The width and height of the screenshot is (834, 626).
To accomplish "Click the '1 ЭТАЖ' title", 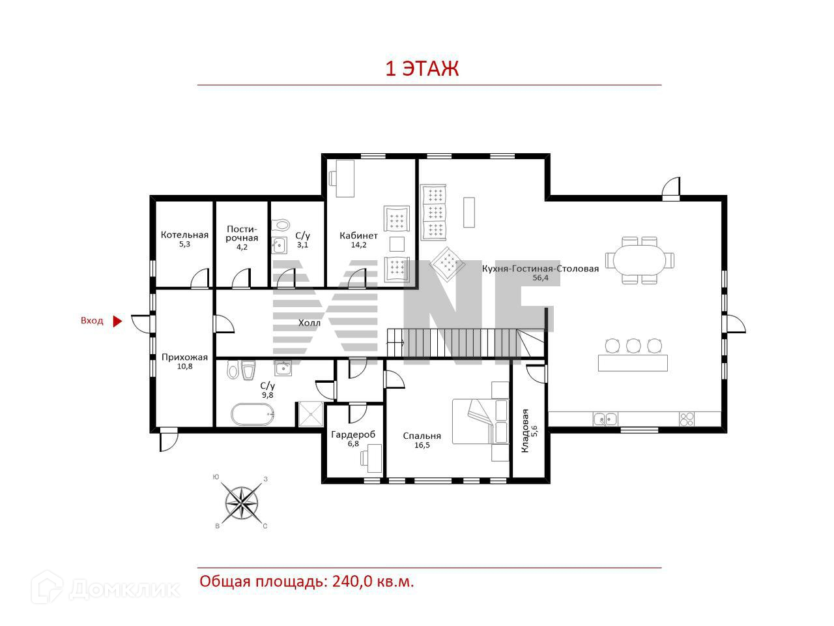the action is pos(422,69).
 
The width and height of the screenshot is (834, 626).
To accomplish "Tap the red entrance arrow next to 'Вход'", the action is pos(117,321).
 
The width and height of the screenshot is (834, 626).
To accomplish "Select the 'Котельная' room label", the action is pos(184,235).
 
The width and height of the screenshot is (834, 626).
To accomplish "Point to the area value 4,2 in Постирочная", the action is pos(242,247).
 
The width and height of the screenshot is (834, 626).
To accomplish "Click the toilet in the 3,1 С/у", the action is pos(281,225).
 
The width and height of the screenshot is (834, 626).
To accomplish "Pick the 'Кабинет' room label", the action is pos(358,235).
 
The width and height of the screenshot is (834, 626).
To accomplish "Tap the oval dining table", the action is pos(639,261).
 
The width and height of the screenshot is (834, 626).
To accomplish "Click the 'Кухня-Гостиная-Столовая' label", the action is pos(540,269).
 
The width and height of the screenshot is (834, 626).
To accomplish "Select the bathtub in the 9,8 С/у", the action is pos(253,415).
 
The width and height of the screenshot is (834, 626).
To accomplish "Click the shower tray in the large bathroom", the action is pos(311,414).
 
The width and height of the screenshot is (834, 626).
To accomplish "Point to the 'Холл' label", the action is pos(309,323).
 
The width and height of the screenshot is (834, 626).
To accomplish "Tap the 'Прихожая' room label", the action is pos(184,357).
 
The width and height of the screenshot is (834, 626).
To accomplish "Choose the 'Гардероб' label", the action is pos(353,434).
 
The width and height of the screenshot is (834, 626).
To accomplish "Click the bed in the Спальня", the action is pos(480,421).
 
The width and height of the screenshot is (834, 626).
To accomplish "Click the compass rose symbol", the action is pos(242,503).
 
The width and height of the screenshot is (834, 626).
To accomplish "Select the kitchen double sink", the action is pos(606,419).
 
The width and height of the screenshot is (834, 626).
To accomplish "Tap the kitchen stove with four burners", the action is pos(687,419).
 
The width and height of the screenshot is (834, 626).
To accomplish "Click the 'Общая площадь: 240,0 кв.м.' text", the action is pos(307,582).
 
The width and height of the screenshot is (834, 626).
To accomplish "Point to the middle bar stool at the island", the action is pos(633,346).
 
